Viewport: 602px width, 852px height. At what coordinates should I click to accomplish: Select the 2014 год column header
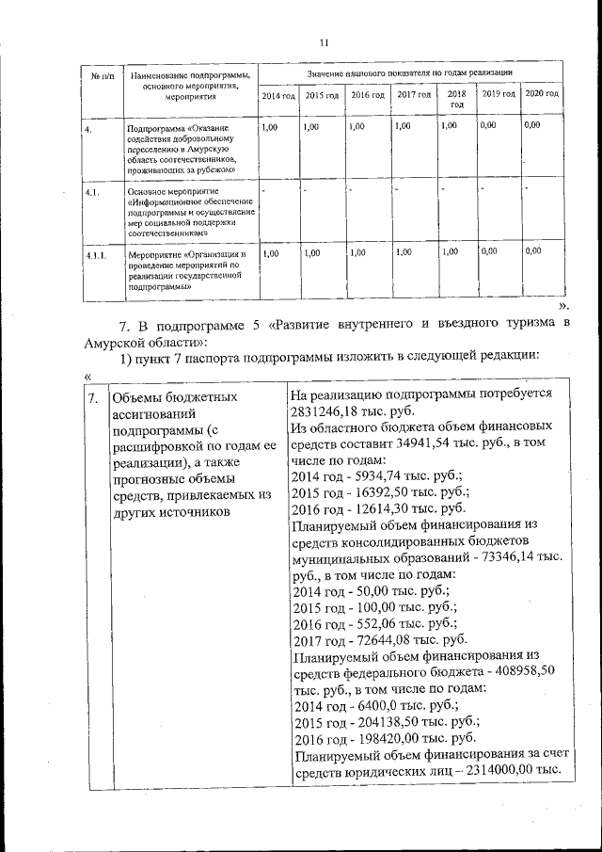277,95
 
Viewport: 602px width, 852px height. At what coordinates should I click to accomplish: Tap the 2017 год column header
414,95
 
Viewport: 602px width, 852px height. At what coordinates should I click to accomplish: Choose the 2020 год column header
542,95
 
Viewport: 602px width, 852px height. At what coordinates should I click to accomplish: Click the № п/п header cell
103,76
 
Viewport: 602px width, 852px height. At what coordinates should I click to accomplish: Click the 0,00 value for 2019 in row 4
488,124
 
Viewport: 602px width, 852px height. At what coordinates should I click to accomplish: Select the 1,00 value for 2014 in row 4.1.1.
269,252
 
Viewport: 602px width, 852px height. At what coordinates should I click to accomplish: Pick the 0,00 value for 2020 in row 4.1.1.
533,251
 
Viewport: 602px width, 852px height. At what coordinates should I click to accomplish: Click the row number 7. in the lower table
92,397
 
